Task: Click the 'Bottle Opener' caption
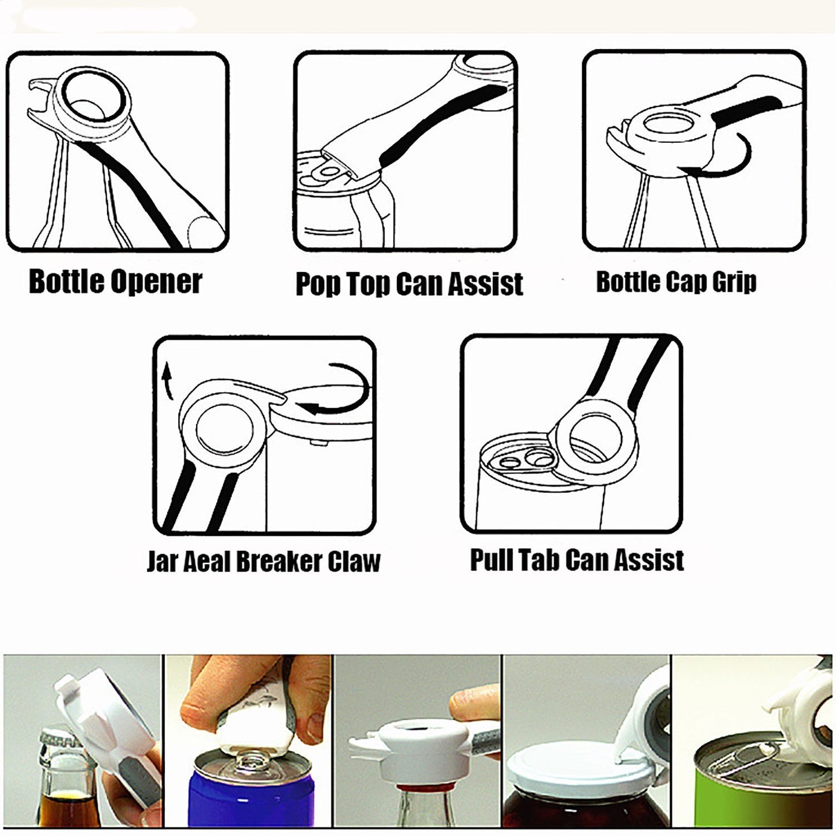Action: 115,282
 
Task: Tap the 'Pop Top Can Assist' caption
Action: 409,283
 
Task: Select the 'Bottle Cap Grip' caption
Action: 676,282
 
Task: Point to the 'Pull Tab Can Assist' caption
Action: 576,559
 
